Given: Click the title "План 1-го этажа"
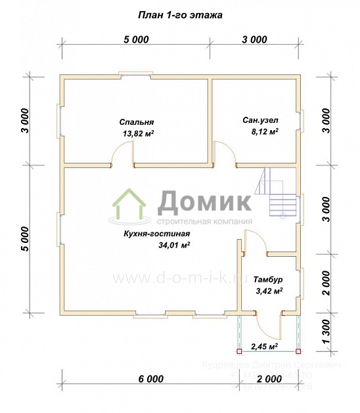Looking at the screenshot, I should (179, 14).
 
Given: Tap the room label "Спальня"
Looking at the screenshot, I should (137, 122).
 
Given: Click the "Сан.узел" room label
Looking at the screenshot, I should (260, 120).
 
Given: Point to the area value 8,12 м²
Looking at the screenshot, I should (265, 131).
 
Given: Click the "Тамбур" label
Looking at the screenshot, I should (267, 279).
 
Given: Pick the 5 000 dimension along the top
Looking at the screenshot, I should (135, 39).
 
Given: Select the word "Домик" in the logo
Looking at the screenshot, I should (204, 200).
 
